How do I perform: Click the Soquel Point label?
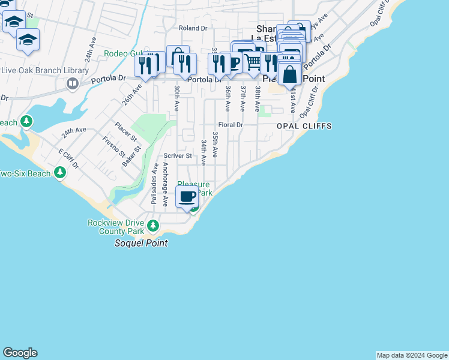pos(141,243)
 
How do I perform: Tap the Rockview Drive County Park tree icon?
pos(154,226)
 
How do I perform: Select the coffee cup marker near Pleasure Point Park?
pos(187,196)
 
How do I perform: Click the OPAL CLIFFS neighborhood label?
pos(304,126)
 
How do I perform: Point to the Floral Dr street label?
pos(230,125)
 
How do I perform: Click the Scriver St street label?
pos(178,156)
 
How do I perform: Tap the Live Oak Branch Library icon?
pos(73,83)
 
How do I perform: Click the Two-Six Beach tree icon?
pos(59,173)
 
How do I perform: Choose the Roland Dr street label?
pos(193,28)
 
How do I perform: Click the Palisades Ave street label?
pos(154,185)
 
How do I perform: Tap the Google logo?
pos(20,353)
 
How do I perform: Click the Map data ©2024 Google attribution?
pos(412,355)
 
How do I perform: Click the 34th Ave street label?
pos(204,153)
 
